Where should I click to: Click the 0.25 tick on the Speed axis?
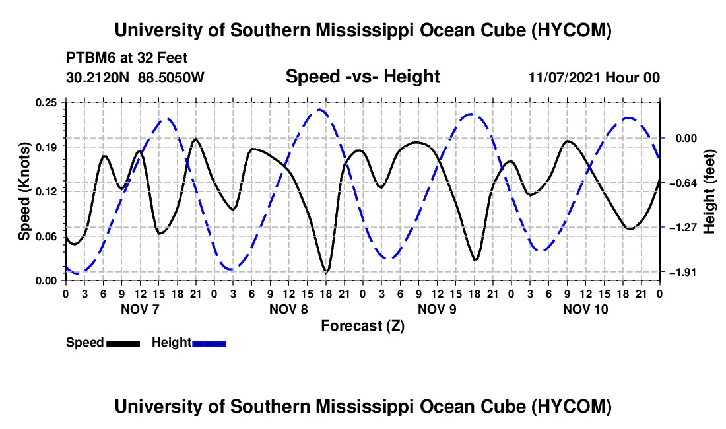click(46, 102)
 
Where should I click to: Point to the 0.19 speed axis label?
click(46, 147)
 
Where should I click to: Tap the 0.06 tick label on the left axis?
click(46, 236)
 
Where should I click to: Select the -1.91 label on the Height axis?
click(683, 272)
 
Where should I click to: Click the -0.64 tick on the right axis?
click(683, 183)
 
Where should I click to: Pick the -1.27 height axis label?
click(683, 227)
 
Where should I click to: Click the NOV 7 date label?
click(140, 309)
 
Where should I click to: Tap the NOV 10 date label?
click(585, 309)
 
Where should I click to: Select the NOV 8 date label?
click(288, 309)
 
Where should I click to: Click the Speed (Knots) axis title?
click(24, 191)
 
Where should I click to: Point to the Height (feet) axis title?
click(709, 191)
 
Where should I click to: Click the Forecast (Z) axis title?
click(362, 326)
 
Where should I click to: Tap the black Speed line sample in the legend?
click(123, 343)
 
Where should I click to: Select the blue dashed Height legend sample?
click(209, 343)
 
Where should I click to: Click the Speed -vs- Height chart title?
click(362, 77)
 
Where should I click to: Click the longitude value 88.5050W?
click(171, 77)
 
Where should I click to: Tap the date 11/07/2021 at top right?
click(565, 77)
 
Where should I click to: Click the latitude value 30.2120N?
click(98, 77)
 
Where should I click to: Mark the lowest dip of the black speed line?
click(326, 272)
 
